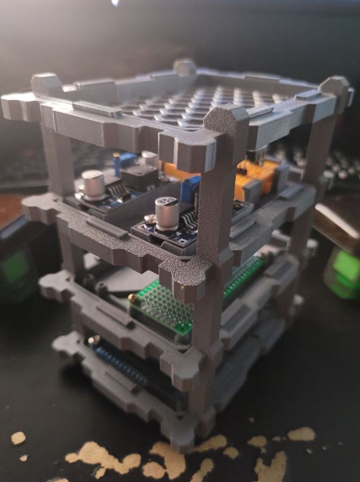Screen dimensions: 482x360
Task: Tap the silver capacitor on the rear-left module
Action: coord(93,181)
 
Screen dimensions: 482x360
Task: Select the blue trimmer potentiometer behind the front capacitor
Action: coord(189,190)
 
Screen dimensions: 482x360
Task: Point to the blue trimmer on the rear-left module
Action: coord(125,159)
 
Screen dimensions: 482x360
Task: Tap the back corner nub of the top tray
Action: coord(184,67)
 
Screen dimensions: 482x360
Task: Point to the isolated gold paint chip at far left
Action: coord(18,438)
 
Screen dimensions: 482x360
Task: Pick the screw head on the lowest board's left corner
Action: coord(95,339)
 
